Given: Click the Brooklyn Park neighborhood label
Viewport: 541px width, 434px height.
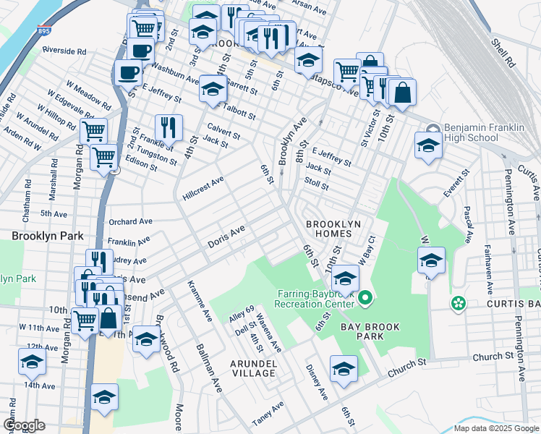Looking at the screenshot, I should click(x=48, y=236).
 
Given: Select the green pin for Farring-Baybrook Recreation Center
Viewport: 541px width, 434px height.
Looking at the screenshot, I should click(x=365, y=297).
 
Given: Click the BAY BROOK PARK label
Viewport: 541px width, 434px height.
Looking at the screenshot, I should click(x=366, y=328).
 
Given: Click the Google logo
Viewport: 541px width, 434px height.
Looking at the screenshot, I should click(x=25, y=425).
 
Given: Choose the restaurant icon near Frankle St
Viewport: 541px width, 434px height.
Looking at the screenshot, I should click(x=168, y=127).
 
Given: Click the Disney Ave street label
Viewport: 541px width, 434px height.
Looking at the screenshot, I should click(x=317, y=382).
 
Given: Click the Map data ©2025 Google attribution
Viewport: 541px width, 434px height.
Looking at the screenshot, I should click(x=495, y=428).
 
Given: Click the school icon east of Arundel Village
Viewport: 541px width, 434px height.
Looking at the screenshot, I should click(x=344, y=368).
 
